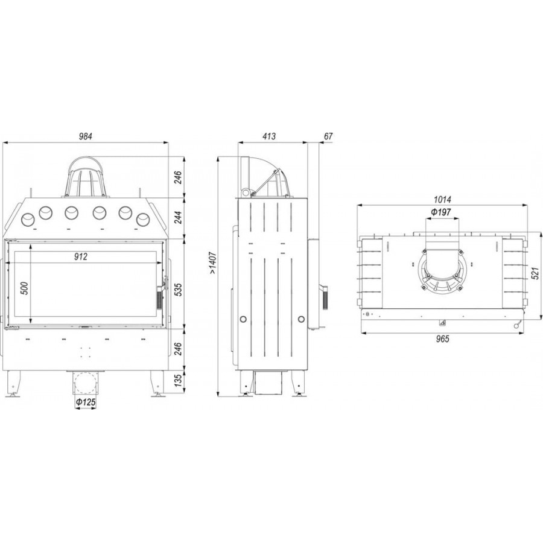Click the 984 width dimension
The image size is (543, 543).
pos(86,136)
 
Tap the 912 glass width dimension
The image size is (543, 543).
pos(81,256)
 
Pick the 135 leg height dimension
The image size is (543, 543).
pos(177,381)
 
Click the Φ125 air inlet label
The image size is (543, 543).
pos(86,402)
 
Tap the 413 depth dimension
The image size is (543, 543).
pos(269,136)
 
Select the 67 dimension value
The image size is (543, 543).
pos(328,136)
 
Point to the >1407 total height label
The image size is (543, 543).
pos(213,263)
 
